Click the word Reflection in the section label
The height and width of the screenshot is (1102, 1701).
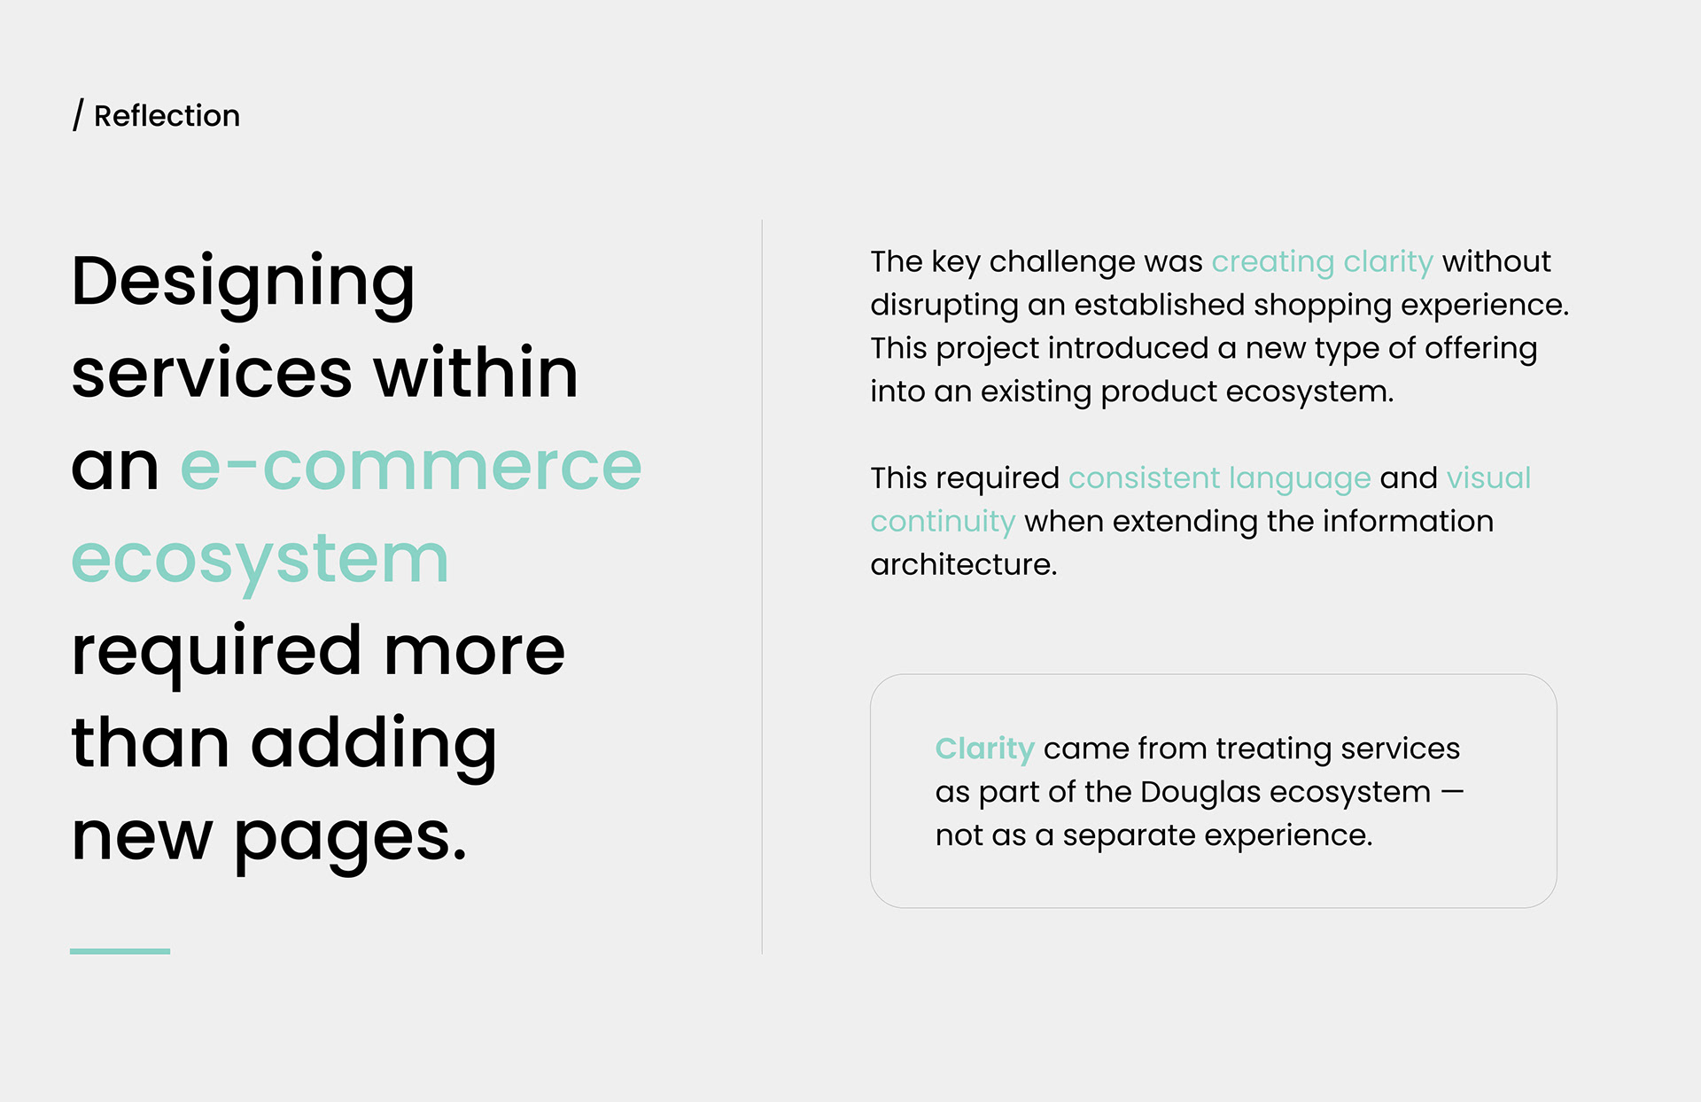(x=167, y=116)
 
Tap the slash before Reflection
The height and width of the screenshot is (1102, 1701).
(x=78, y=115)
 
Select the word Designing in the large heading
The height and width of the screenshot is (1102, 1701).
(x=243, y=283)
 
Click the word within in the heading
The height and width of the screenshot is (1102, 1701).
(x=476, y=372)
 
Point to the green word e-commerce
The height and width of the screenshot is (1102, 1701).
(x=411, y=467)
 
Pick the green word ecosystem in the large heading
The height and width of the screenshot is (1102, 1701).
(x=260, y=561)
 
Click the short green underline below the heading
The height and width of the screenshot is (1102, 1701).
(x=120, y=951)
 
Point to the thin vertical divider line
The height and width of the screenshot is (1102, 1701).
(x=762, y=586)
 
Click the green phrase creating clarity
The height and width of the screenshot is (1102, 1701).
(x=1322, y=262)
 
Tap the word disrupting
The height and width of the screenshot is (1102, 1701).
(x=944, y=306)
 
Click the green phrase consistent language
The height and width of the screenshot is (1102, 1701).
(x=1219, y=479)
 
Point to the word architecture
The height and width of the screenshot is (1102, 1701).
(x=964, y=564)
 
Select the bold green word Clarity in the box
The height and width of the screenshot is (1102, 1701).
(x=985, y=749)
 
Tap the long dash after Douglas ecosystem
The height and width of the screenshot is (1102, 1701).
(x=1452, y=792)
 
